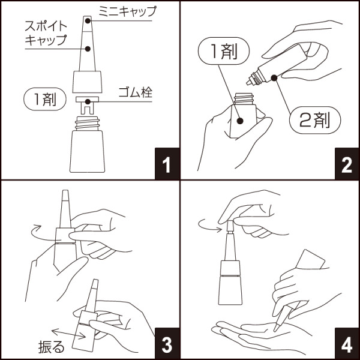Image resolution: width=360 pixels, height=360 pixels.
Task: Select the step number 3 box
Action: pos(167,345)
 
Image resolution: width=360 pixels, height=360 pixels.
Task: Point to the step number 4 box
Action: pos(346,345)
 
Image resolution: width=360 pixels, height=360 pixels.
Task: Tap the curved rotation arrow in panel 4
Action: pos(210,225)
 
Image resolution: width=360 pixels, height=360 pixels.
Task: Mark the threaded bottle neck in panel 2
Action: pos(244,98)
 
